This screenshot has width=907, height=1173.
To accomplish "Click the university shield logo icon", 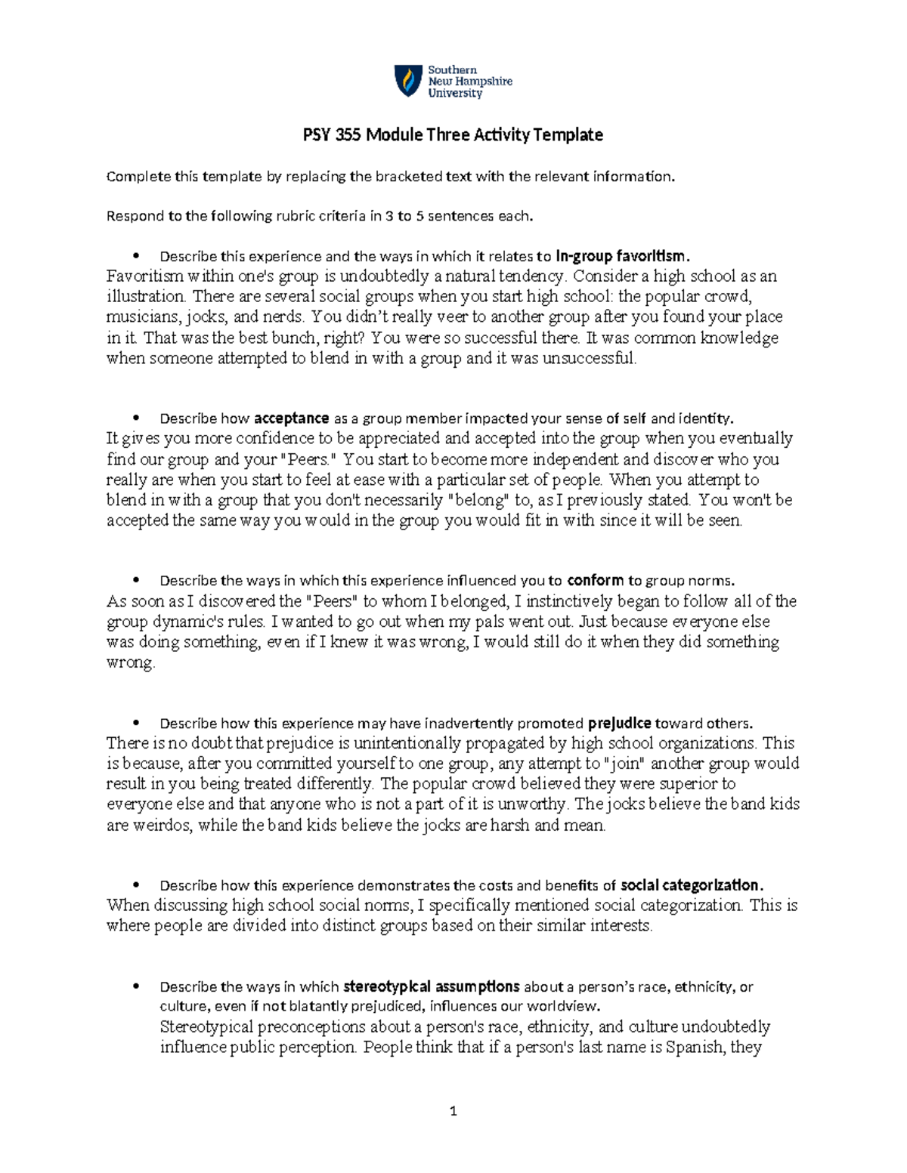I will tap(408, 81).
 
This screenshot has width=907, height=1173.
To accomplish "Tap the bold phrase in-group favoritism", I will tap(622, 256).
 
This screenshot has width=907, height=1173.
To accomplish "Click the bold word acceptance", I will tap(291, 418).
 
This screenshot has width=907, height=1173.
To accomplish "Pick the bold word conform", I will tap(595, 581).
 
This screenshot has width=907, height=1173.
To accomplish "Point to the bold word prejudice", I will tap(619, 723).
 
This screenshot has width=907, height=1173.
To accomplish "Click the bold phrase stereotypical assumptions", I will tap(431, 986).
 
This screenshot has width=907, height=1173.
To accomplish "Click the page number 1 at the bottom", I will tap(453, 1111).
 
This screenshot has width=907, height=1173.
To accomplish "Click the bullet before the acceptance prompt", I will tap(137, 418).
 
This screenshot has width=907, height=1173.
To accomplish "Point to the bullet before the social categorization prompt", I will tap(137, 885).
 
